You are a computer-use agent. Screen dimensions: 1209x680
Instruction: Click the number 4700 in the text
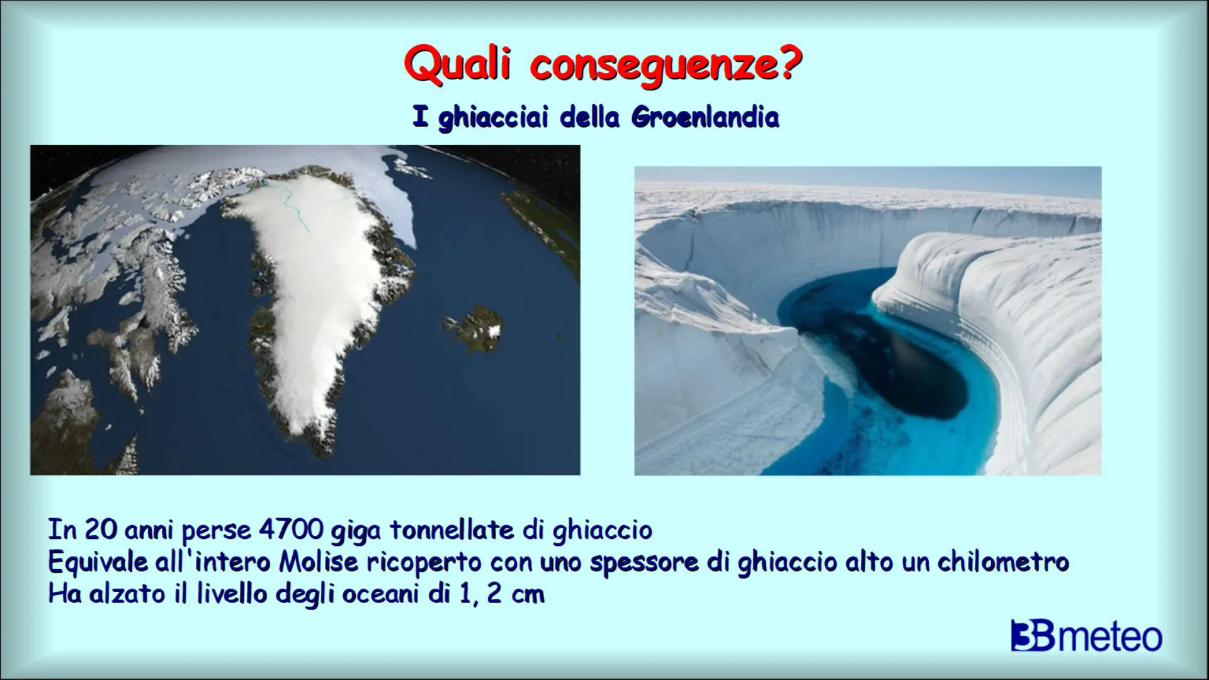(x=290, y=530)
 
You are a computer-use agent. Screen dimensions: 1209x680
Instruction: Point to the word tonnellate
(x=453, y=530)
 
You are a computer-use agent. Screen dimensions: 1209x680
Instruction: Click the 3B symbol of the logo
(x=1033, y=636)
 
